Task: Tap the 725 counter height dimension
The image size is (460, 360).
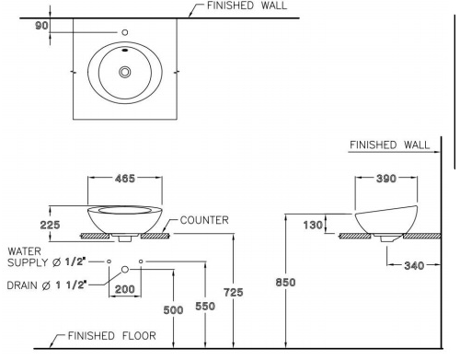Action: click(x=236, y=291)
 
